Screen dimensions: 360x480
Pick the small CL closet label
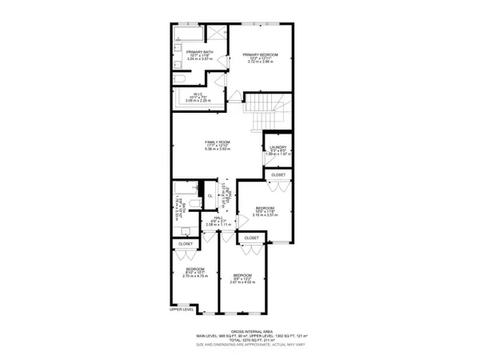(210, 195)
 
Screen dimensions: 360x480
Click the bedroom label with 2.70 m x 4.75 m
(195, 273)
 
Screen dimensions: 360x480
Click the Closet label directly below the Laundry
(278, 174)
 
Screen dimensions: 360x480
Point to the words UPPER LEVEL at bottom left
(182, 310)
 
